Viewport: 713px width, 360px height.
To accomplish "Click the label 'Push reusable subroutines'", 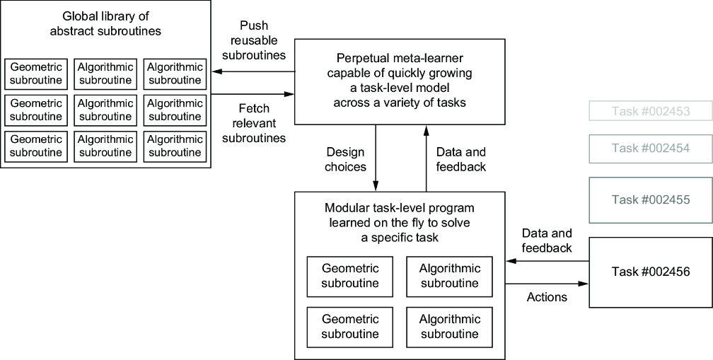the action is pyautogui.click(x=254, y=40).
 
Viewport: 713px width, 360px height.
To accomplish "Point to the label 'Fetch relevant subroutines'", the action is pyautogui.click(x=254, y=123).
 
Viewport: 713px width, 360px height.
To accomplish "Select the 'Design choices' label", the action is pyautogui.click(x=346, y=159).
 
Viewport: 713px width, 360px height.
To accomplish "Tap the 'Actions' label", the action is pyautogui.click(x=547, y=297).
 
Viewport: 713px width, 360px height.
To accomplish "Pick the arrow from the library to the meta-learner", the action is pyautogui.click(x=253, y=94).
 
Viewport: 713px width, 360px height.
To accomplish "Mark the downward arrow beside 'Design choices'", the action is pyautogui.click(x=376, y=158).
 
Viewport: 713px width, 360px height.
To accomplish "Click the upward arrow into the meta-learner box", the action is pyautogui.click(x=426, y=158).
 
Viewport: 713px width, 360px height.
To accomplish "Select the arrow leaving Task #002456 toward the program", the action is pyautogui.click(x=547, y=262).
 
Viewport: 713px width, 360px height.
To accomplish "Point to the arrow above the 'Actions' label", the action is pyautogui.click(x=547, y=284).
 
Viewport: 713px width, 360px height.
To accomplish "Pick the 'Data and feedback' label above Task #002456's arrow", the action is pyautogui.click(x=547, y=240).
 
